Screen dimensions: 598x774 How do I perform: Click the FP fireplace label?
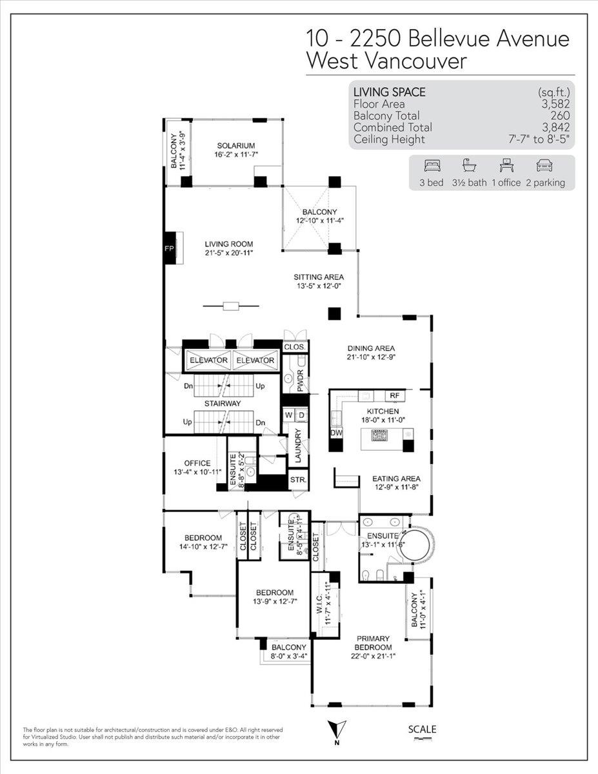pyautogui.click(x=169, y=248)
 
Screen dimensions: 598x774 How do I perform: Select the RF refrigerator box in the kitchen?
pyautogui.click(x=394, y=396)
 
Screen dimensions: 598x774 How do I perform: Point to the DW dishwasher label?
pyautogui.click(x=336, y=433)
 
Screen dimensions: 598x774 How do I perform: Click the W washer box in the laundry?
pyautogui.click(x=288, y=415)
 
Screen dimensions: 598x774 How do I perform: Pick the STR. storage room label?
pyautogui.click(x=298, y=480)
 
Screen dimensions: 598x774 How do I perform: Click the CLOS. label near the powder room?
pyautogui.click(x=295, y=346)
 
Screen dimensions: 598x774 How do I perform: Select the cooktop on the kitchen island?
pyautogui.click(x=380, y=435)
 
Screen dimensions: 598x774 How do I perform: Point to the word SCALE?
pyautogui.click(x=422, y=729)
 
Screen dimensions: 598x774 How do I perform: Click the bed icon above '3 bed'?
pyautogui.click(x=432, y=166)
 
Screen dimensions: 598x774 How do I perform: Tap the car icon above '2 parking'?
pyautogui.click(x=544, y=166)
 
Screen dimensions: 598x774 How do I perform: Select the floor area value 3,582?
pyautogui.click(x=555, y=104)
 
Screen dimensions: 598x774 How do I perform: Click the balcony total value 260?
pyautogui.click(x=560, y=115)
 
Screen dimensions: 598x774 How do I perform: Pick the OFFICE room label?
pyautogui.click(x=197, y=463)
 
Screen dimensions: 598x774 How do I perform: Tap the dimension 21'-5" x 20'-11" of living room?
pyautogui.click(x=228, y=253)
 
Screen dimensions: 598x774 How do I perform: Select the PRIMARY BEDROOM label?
pyautogui.click(x=373, y=643)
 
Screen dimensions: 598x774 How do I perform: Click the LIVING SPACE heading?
pyautogui.click(x=389, y=92)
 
